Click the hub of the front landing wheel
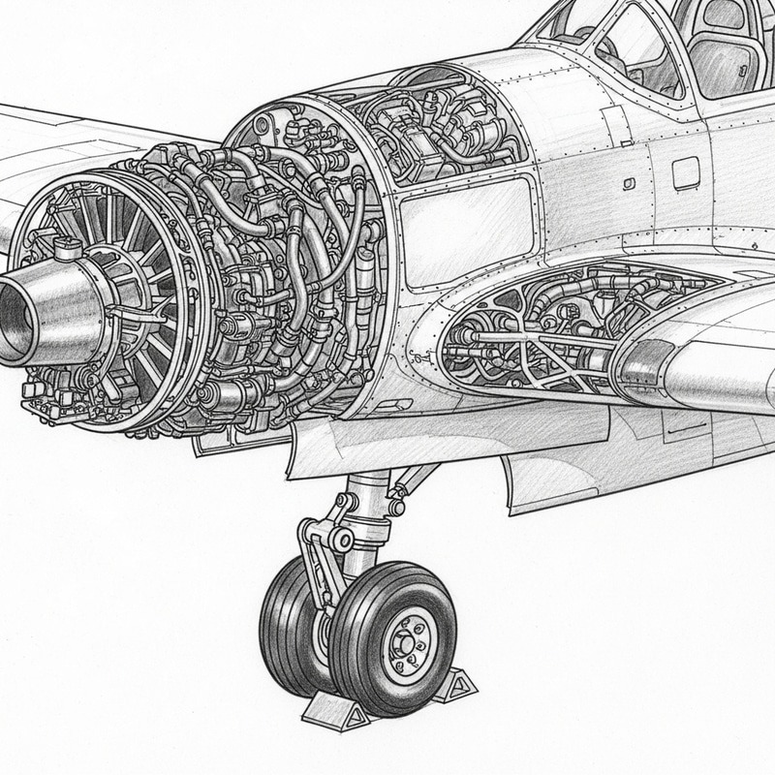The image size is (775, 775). click(402, 642)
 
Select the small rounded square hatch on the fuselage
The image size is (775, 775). click(686, 173)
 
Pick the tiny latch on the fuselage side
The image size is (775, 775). click(631, 183)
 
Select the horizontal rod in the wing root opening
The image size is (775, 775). click(528, 338)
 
